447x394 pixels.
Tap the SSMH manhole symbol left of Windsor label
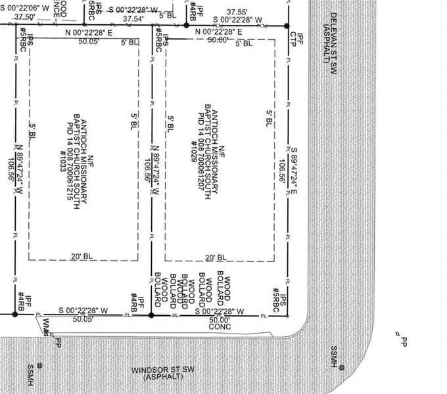(x=39, y=365)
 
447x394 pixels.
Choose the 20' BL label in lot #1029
(x=216, y=257)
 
